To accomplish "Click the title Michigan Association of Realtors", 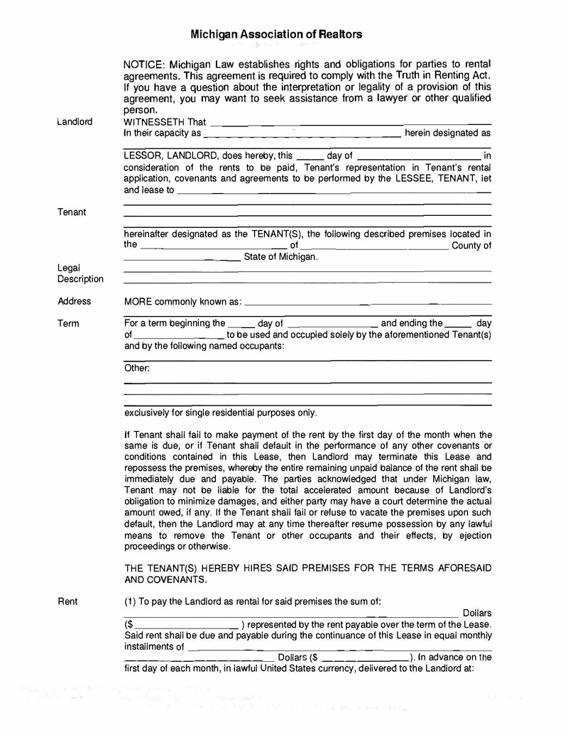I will coord(276,34).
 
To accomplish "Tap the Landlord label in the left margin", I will coord(75,121).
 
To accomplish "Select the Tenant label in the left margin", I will coord(72,212).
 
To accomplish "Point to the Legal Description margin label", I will coord(80,273).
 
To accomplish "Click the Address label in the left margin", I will coord(75,301).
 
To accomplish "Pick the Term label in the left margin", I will coord(69,323).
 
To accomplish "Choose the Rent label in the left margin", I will coord(68,601).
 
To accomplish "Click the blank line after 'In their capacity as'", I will coord(302,134).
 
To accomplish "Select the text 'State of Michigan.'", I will coord(280,257).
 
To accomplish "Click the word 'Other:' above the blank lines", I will coord(137,368).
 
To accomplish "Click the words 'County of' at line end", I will coord(471,246).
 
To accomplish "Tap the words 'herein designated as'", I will coord(447,133).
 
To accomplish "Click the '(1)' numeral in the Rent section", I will coord(130,601).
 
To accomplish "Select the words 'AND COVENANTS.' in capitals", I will coord(165,579).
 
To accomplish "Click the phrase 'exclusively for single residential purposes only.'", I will coord(221,413).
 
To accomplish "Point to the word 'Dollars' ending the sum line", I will coord(476,613).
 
